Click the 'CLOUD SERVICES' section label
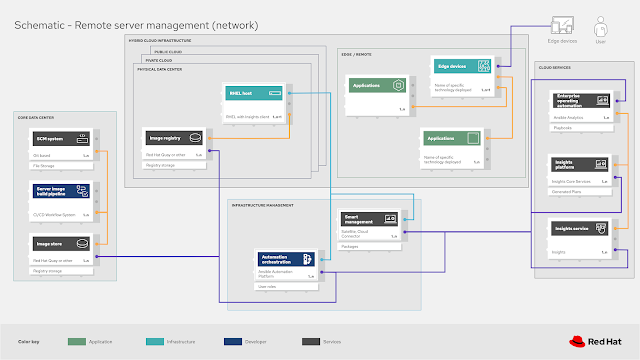point(555,68)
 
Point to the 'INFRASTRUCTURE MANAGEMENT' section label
point(262,204)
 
